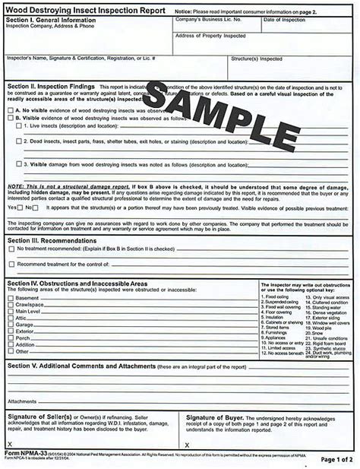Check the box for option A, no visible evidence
coord(10,110)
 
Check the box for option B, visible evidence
coord(10,119)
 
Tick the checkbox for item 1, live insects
coord(19,128)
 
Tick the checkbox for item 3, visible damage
coord(19,164)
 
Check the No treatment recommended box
coord(10,249)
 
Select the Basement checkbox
coord(10,298)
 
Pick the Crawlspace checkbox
coord(10,305)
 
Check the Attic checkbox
coord(10,318)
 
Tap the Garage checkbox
coord(10,325)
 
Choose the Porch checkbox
coord(10,338)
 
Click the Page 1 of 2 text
coord(337,460)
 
